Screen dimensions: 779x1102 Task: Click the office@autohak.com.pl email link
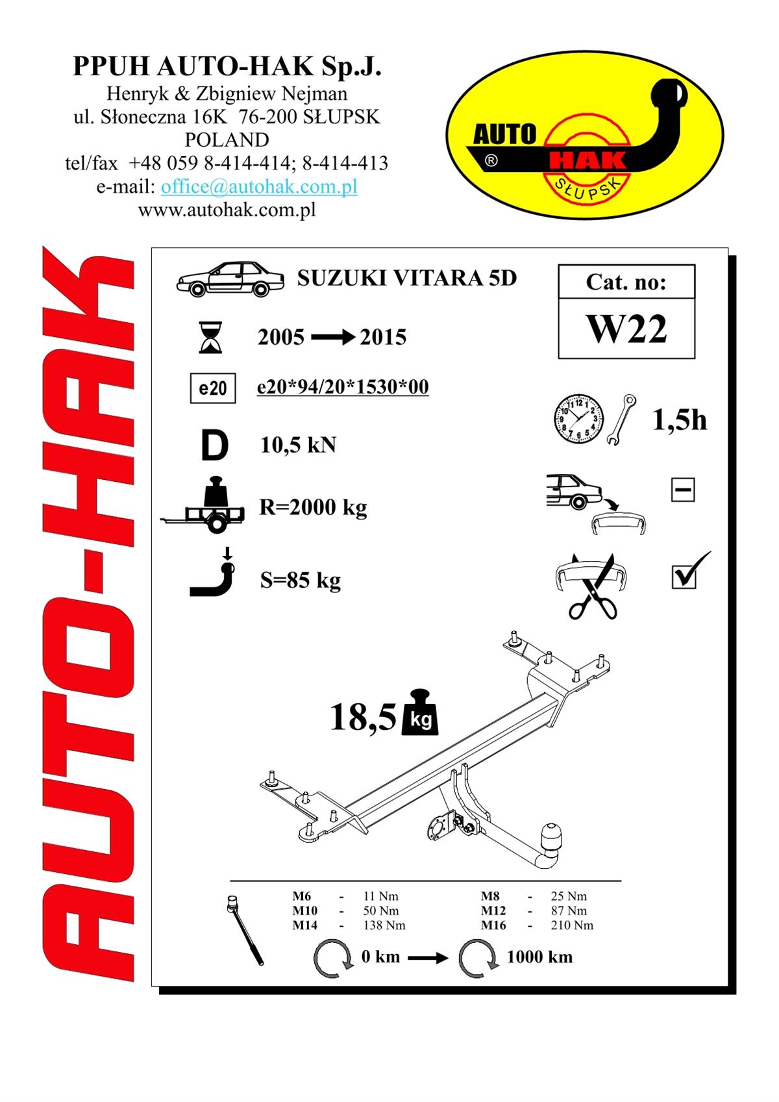[259, 187]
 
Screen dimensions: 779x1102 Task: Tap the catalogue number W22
[626, 329]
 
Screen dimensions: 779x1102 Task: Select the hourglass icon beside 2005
[210, 338]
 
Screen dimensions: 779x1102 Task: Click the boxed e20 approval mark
[213, 388]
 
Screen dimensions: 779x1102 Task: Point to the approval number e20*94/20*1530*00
[343, 386]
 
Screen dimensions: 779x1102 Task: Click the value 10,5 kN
[298, 445]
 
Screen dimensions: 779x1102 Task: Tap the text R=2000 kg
[313, 507]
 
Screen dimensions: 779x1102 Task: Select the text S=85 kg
[300, 581]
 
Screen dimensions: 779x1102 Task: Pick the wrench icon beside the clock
[621, 420]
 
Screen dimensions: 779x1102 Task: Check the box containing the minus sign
[683, 490]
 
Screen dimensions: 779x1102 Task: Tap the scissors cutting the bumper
[594, 588]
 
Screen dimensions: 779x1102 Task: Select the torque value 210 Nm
[572, 925]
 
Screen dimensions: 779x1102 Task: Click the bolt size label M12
[493, 910]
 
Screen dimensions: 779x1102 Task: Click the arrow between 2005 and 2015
[333, 338]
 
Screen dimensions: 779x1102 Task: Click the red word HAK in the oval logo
[587, 160]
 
